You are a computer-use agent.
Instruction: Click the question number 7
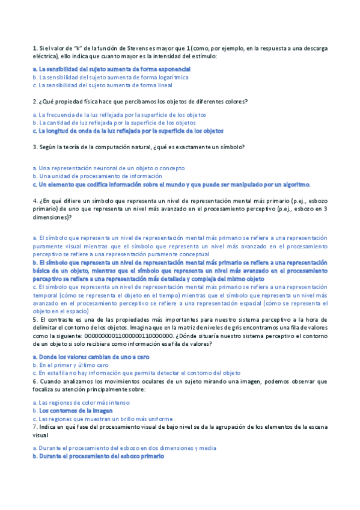point(34,426)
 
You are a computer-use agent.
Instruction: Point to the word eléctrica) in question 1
point(46,56)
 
